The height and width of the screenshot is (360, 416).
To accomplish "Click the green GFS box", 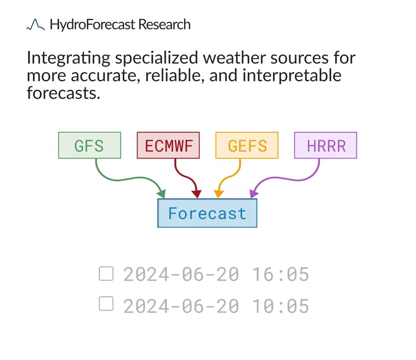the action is (x=89, y=145).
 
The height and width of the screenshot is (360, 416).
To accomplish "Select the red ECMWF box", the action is (x=168, y=145).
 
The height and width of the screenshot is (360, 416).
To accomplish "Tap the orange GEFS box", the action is (x=247, y=145).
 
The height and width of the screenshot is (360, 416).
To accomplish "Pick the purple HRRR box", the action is (x=326, y=145).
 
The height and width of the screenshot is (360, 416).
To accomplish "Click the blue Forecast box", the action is (x=207, y=213).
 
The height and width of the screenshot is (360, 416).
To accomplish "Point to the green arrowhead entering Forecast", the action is (x=162, y=194).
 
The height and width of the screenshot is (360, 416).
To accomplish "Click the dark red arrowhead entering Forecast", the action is (x=197, y=194).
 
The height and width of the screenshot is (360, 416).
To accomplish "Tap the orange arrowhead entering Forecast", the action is (x=218, y=194).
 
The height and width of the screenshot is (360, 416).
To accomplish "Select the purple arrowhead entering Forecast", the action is (x=254, y=194).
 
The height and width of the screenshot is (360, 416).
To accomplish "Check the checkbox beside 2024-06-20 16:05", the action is (x=106, y=274).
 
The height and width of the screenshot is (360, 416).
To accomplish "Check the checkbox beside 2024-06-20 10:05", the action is (x=106, y=303).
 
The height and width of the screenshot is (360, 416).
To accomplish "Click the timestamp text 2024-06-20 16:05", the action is (x=216, y=274).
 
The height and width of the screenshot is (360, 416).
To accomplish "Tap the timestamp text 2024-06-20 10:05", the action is (x=216, y=306).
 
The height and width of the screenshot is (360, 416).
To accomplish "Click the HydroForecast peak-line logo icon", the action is (x=35, y=24).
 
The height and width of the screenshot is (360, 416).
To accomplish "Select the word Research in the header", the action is (x=164, y=24).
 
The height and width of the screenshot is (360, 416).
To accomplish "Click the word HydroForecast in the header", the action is (x=93, y=24).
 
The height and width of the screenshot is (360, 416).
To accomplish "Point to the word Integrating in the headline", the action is (x=69, y=58).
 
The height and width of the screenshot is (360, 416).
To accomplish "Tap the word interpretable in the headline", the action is (x=292, y=76).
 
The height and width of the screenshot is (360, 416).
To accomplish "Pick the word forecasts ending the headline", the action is (x=63, y=93).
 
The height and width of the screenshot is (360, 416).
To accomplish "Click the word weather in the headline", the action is (x=235, y=58).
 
